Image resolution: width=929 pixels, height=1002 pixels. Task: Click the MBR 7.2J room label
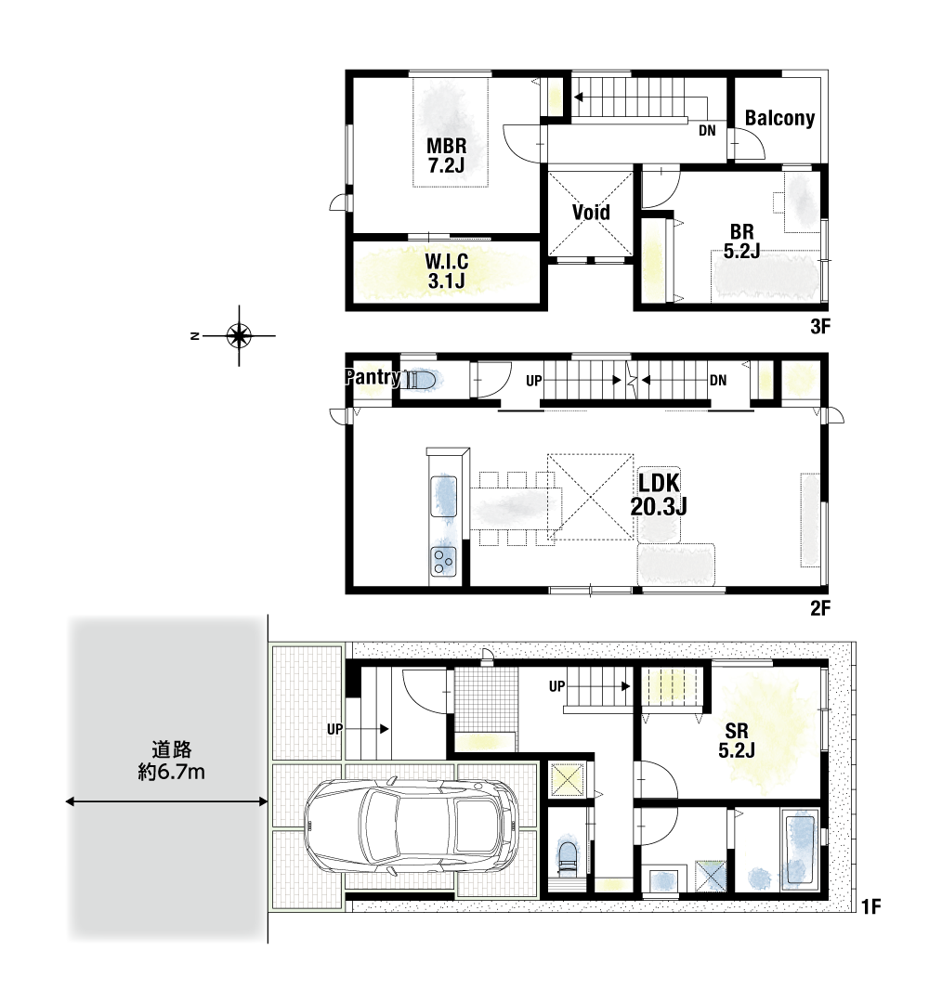click(x=446, y=155)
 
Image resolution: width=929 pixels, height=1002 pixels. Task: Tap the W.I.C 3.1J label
click(x=446, y=270)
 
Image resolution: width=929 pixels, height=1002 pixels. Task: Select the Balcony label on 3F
click(x=779, y=118)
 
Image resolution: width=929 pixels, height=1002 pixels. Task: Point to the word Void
click(x=591, y=212)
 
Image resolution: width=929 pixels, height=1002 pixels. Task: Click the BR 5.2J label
click(x=741, y=241)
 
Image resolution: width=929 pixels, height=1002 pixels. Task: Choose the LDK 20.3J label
click(x=659, y=494)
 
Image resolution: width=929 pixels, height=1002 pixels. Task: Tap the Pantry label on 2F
click(x=373, y=377)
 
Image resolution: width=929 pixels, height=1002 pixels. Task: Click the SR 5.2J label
click(x=737, y=740)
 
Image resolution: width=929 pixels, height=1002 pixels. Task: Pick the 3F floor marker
click(x=820, y=327)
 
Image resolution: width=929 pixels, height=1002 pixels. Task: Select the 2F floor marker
click(x=820, y=608)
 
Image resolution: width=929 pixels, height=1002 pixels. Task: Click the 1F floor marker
click(x=870, y=906)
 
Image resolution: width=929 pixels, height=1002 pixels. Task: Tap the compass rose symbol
click(x=239, y=335)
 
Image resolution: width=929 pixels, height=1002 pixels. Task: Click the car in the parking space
click(x=412, y=826)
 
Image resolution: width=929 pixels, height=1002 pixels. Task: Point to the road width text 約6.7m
click(x=171, y=772)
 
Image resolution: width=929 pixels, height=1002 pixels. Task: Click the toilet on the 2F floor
click(x=421, y=380)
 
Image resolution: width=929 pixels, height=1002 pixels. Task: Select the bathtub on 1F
click(x=799, y=849)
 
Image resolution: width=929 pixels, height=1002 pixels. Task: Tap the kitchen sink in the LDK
click(x=444, y=496)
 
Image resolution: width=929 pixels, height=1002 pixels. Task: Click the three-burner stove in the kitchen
click(x=443, y=562)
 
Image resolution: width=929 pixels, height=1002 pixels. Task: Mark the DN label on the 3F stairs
click(x=707, y=130)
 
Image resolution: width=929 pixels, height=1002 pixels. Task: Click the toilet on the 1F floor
click(x=568, y=858)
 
